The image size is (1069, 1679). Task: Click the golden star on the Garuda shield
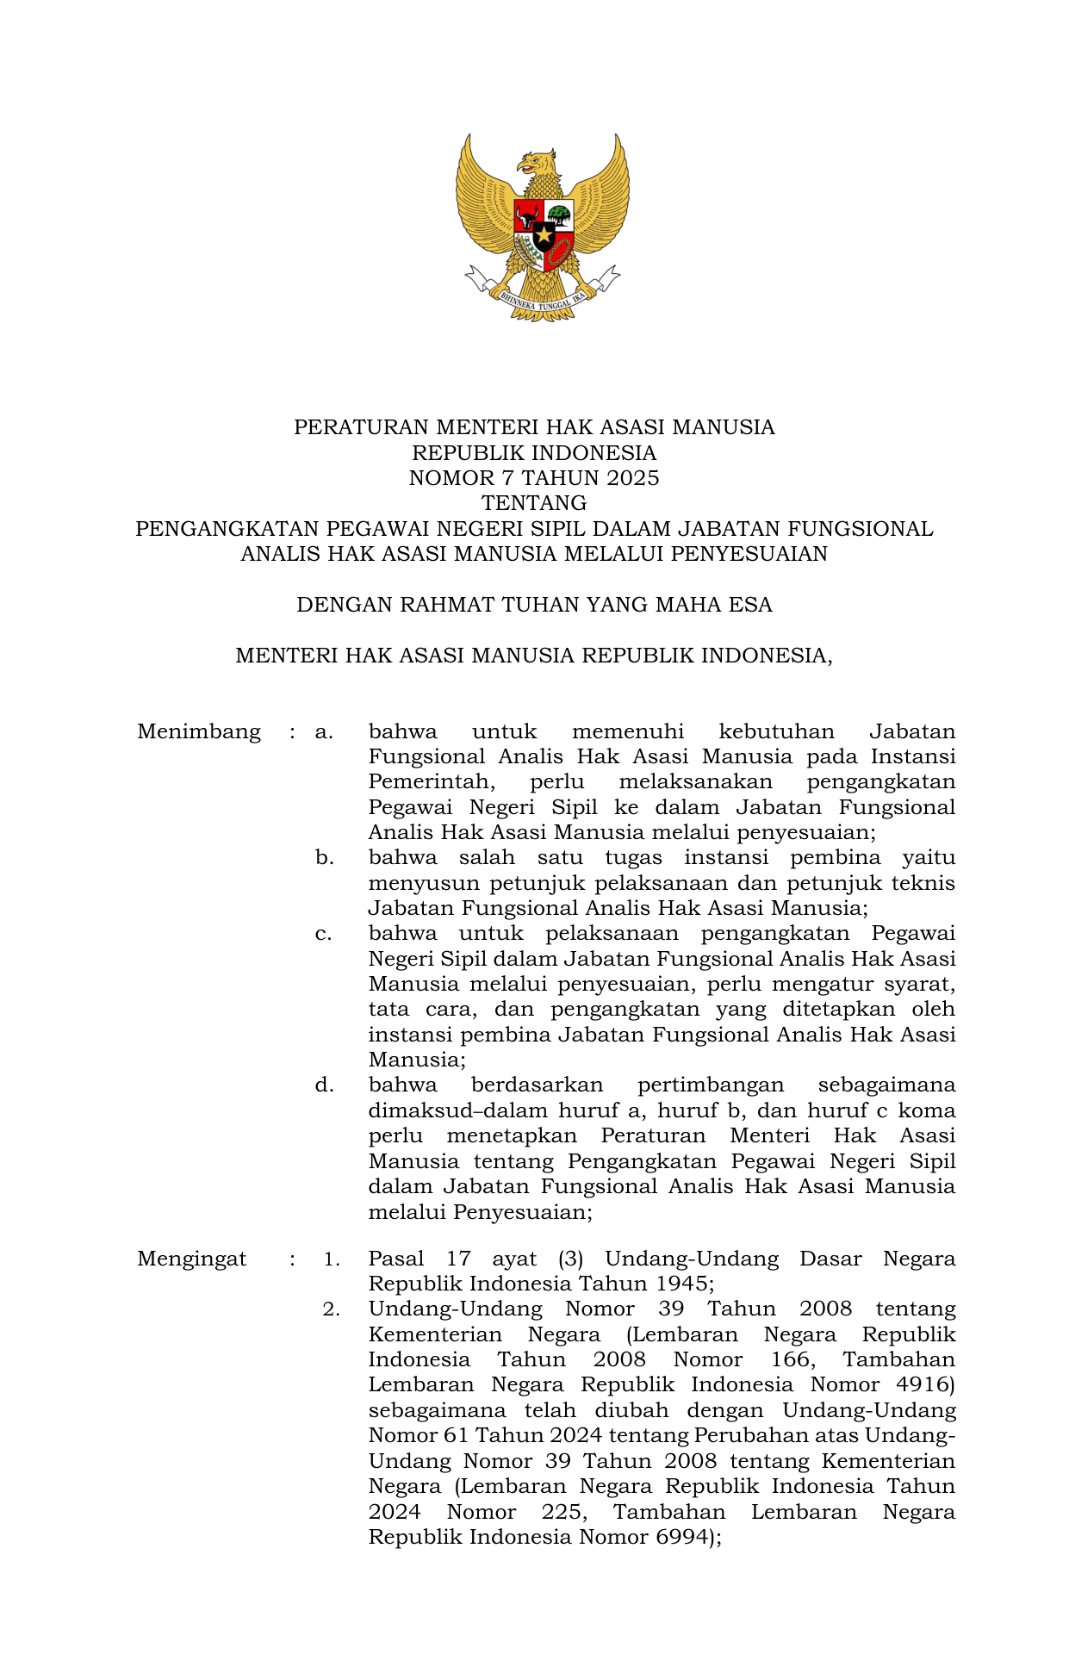point(544,233)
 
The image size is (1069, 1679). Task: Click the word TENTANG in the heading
point(534,503)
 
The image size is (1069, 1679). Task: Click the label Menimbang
point(199,732)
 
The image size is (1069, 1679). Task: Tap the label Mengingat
point(191,1259)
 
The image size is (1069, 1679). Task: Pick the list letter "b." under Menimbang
point(325,858)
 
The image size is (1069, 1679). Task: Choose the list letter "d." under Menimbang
point(325,1085)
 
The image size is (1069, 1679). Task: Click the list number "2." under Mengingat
point(332,1309)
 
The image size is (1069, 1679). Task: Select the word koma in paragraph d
point(927,1111)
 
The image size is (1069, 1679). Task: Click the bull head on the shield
point(526,215)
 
